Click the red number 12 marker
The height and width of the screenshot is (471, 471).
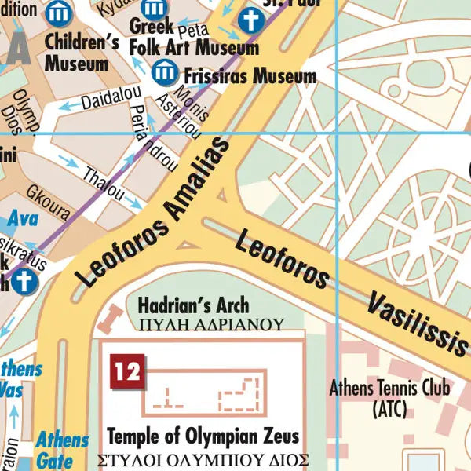coord(126,369)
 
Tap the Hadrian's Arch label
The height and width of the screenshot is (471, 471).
coord(193,305)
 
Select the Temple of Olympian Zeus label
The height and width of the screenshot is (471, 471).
coord(203,436)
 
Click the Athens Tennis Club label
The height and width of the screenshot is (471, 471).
coord(389,396)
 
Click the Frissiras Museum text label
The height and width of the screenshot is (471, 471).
coord(249,76)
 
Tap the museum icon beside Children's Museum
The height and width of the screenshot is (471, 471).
coord(57,13)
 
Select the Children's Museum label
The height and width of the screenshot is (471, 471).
coord(76,53)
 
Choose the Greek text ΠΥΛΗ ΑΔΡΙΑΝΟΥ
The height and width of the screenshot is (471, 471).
coord(210,323)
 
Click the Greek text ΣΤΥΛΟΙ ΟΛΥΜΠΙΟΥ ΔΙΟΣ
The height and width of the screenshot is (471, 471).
coord(203,460)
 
